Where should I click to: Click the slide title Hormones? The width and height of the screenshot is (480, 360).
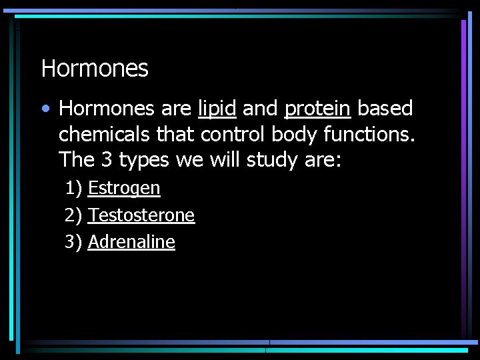[x=95, y=68]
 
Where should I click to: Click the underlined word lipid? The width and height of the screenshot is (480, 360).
[x=217, y=108]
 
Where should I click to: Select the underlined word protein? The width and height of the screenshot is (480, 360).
[x=317, y=109]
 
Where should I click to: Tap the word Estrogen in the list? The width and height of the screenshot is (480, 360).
[x=124, y=189]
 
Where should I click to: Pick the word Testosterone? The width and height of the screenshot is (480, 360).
[x=141, y=215]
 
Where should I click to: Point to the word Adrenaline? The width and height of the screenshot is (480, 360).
[x=131, y=242]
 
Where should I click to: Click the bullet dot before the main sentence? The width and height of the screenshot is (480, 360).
[x=45, y=108]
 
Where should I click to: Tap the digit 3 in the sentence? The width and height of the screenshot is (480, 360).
[x=105, y=160]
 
